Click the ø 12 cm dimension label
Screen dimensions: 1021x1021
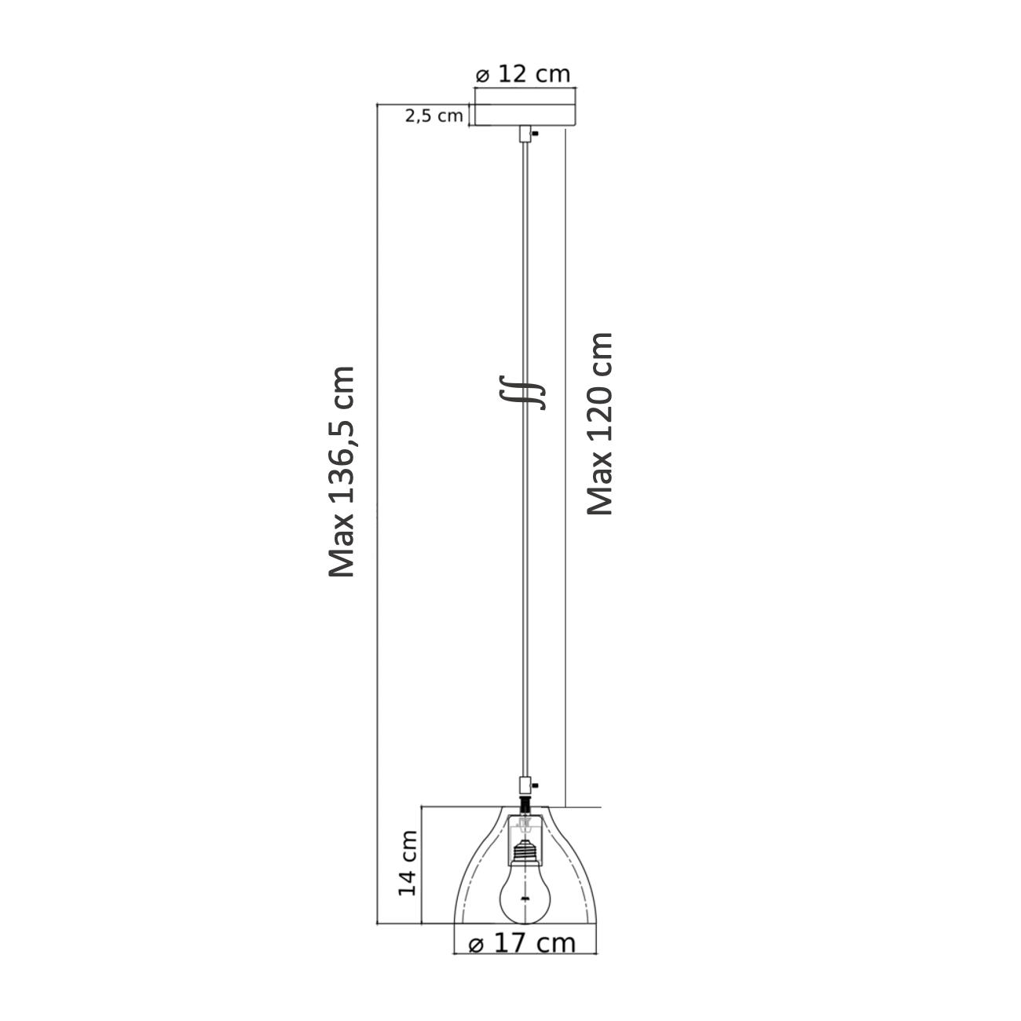click(522, 74)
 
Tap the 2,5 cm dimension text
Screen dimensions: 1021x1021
click(434, 115)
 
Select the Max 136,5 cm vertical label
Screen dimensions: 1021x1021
click(342, 471)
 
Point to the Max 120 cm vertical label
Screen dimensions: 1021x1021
click(601, 423)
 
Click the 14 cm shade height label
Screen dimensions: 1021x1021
click(408, 863)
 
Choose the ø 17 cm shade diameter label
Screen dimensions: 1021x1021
click(522, 942)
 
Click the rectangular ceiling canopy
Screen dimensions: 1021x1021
click(525, 115)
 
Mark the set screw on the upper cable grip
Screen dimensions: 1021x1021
click(535, 134)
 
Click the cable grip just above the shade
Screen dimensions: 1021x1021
click(525, 785)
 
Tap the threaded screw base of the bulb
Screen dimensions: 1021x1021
click(525, 851)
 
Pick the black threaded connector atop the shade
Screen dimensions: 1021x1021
click(525, 804)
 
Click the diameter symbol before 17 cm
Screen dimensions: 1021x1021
click(476, 945)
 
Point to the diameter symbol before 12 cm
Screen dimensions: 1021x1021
click(483, 75)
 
